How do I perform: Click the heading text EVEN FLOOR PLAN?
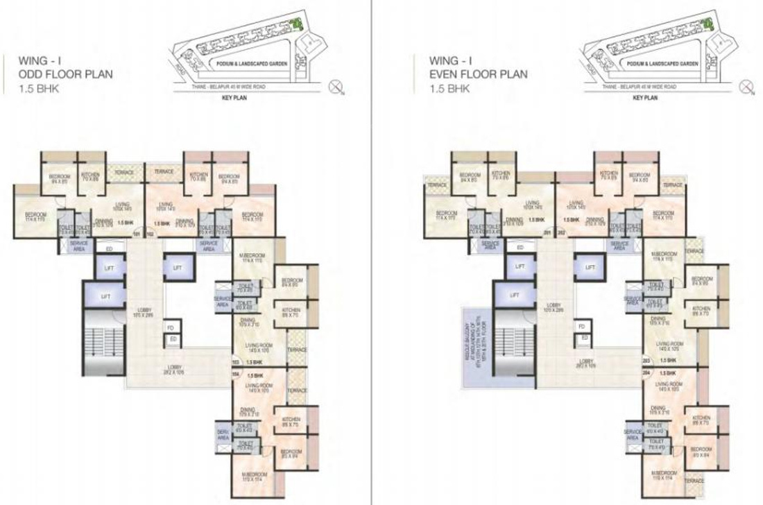(x=478, y=74)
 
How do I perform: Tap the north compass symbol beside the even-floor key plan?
(x=747, y=87)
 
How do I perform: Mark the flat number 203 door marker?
(x=645, y=361)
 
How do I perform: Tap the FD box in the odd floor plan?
(x=169, y=325)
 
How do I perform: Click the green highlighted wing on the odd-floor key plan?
(x=298, y=24)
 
